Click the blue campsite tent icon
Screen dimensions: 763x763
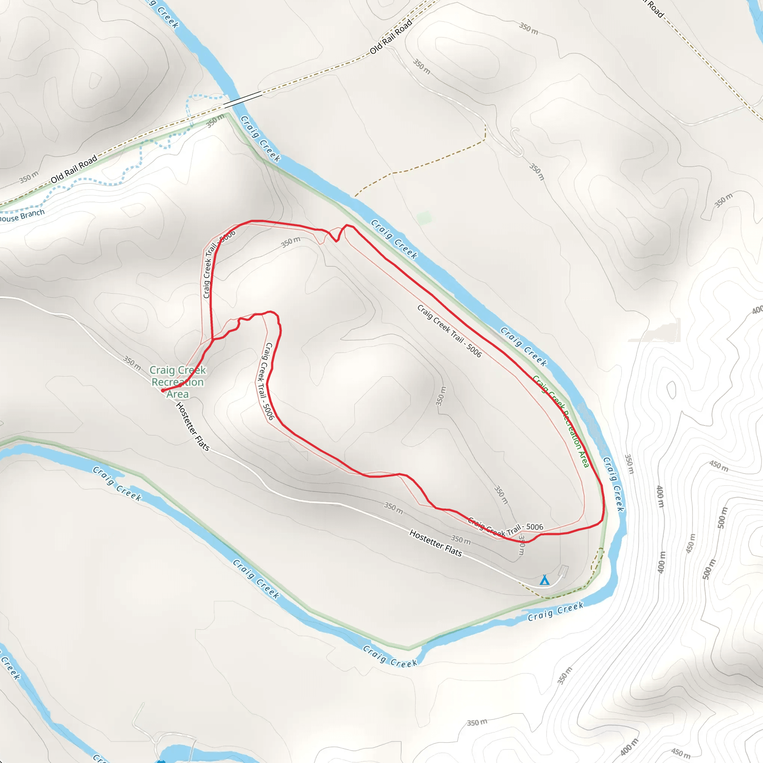click(545, 580)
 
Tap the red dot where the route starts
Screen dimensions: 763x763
click(163, 390)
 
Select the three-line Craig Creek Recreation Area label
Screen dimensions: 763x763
click(177, 382)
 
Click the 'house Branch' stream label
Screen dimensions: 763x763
click(22, 216)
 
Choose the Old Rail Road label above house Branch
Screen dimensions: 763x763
click(74, 170)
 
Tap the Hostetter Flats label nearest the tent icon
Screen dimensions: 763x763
click(436, 543)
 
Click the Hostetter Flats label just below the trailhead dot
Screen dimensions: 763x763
click(192, 426)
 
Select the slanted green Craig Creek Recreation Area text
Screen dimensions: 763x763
click(561, 421)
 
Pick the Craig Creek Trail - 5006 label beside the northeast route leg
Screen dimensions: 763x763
click(449, 331)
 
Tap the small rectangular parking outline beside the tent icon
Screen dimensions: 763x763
click(564, 571)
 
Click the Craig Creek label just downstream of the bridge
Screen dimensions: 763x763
click(260, 139)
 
